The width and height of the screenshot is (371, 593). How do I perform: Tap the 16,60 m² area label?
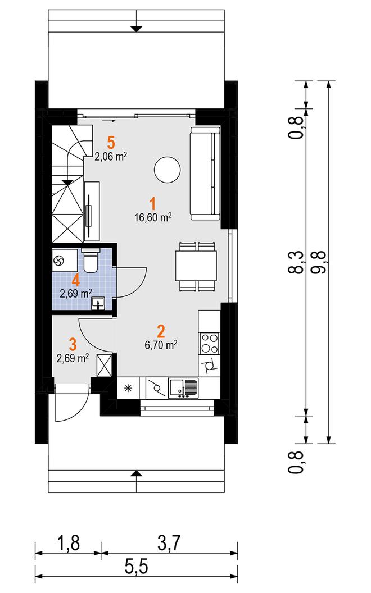(x=153, y=217)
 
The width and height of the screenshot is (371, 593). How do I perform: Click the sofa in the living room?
(x=205, y=174)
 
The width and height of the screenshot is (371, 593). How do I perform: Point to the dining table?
(x=196, y=266)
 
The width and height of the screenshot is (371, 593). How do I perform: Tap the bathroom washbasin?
(x=98, y=303)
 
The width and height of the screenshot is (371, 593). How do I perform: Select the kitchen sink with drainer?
(x=184, y=389)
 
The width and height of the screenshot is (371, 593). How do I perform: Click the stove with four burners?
(x=209, y=343)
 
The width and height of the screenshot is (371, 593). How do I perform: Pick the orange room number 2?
(x=161, y=331)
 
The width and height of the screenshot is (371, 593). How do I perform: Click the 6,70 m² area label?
(x=161, y=345)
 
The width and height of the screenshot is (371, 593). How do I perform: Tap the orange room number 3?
(x=73, y=345)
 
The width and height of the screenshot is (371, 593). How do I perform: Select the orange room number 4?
(x=76, y=280)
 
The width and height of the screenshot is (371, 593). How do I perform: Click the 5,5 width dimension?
(x=136, y=567)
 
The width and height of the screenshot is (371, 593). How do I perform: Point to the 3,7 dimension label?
(x=169, y=543)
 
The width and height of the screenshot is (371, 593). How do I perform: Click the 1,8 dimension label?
(x=69, y=543)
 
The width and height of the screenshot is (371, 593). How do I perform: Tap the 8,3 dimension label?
(x=297, y=262)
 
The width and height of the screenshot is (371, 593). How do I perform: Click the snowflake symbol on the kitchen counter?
(x=128, y=387)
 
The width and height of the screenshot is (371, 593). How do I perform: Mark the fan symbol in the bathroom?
(x=59, y=260)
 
